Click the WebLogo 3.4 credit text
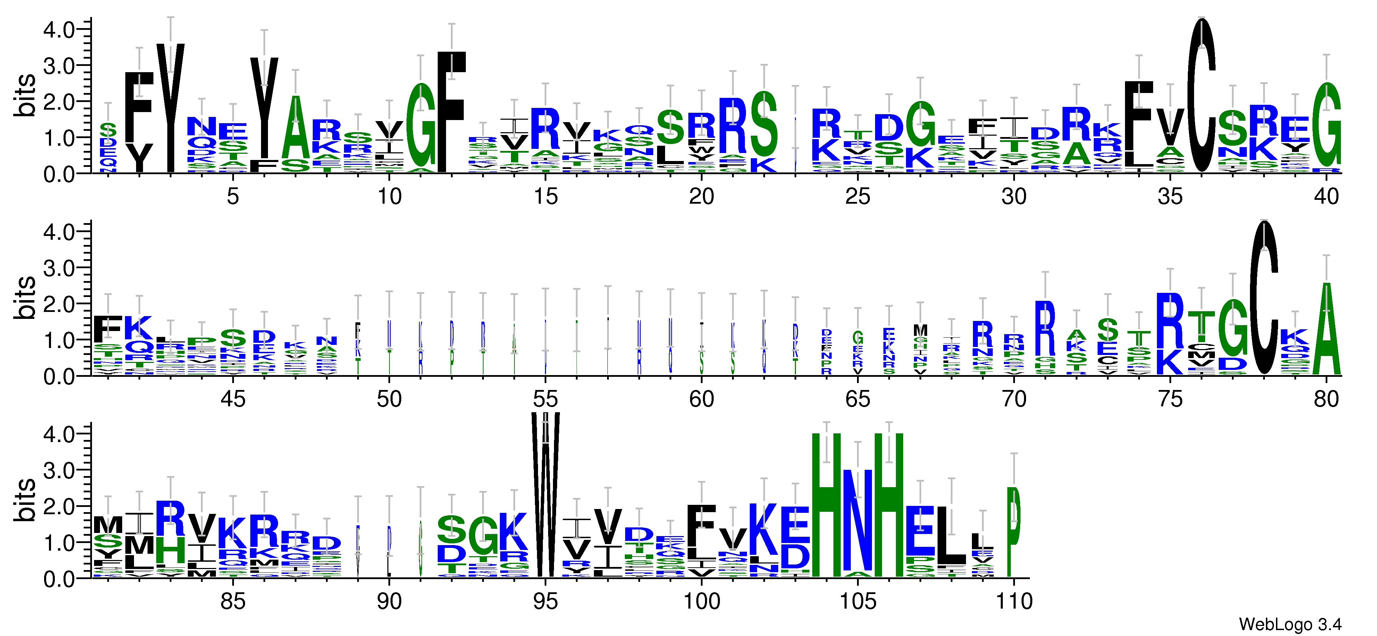(x=1289, y=624)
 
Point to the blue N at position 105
(x=857, y=521)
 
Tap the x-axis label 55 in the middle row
(x=545, y=399)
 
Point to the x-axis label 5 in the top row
(x=233, y=197)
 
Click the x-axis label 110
(x=1014, y=602)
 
